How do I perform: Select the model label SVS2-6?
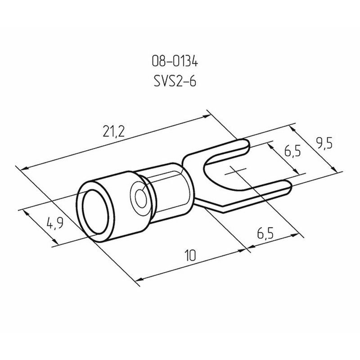(175, 81)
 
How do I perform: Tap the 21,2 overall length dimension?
(113, 131)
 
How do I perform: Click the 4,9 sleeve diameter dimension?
(55, 223)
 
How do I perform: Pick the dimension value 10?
(190, 256)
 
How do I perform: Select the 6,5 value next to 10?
(265, 234)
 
